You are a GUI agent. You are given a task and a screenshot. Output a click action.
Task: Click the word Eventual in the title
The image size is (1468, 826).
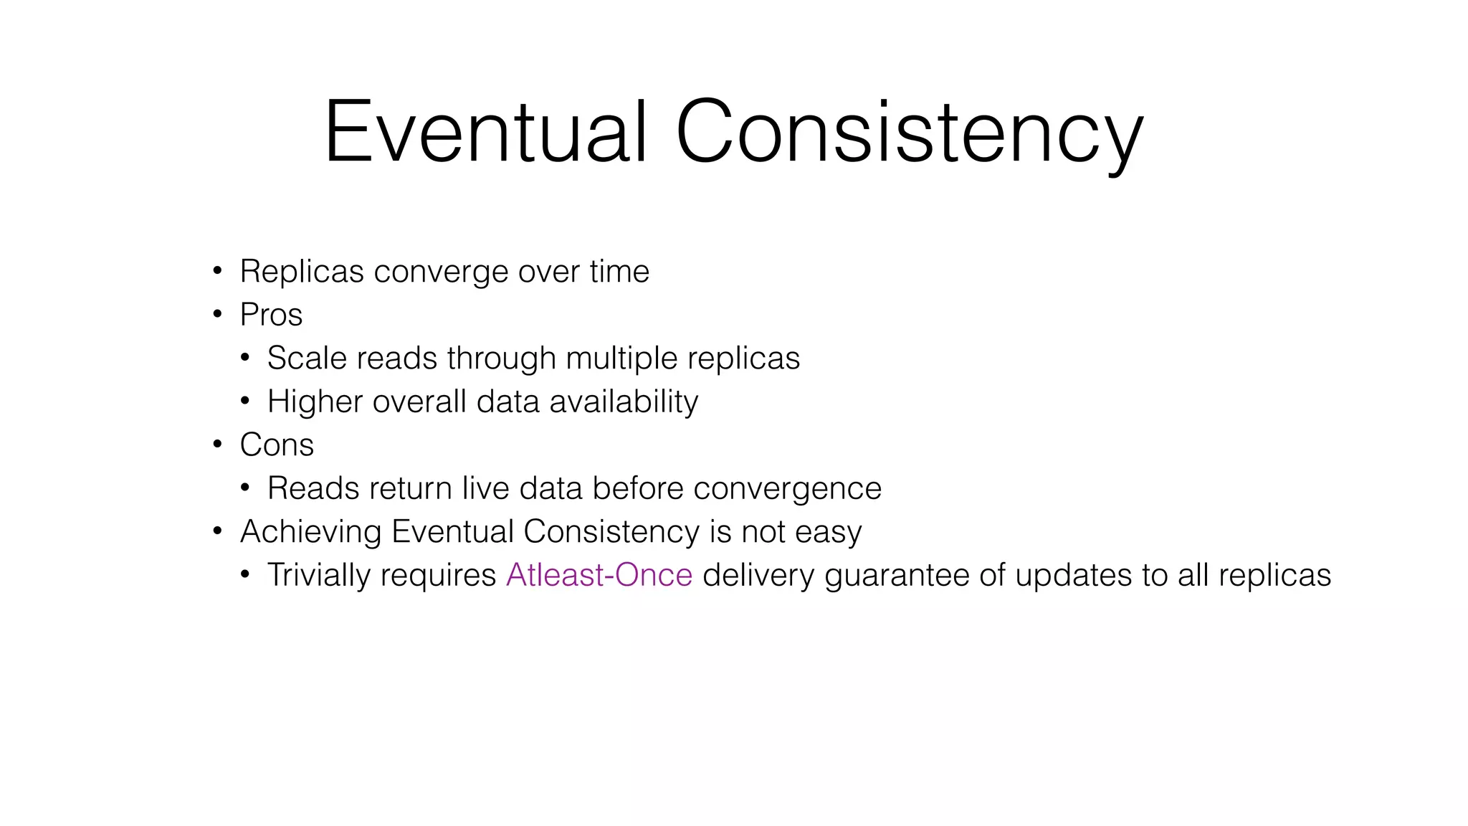[x=486, y=133]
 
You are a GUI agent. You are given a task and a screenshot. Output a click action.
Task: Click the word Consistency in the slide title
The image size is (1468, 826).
[x=908, y=133]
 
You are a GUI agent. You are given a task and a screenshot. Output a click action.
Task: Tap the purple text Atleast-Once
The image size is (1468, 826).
[x=599, y=575]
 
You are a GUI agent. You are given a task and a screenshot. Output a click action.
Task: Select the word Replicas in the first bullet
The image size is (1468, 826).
[x=301, y=272]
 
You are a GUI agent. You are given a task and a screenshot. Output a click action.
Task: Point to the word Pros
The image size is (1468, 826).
[x=271, y=315]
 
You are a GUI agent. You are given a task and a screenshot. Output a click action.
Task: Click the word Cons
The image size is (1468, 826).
[x=277, y=445]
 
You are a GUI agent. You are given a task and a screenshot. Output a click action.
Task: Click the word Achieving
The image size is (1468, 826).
[x=310, y=532]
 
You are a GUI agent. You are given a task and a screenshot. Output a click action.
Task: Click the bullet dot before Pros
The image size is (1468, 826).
[x=218, y=314]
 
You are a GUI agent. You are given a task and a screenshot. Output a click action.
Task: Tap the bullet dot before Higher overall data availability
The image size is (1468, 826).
[x=245, y=401]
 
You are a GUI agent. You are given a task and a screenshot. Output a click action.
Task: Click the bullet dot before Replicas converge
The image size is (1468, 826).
[x=218, y=271]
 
